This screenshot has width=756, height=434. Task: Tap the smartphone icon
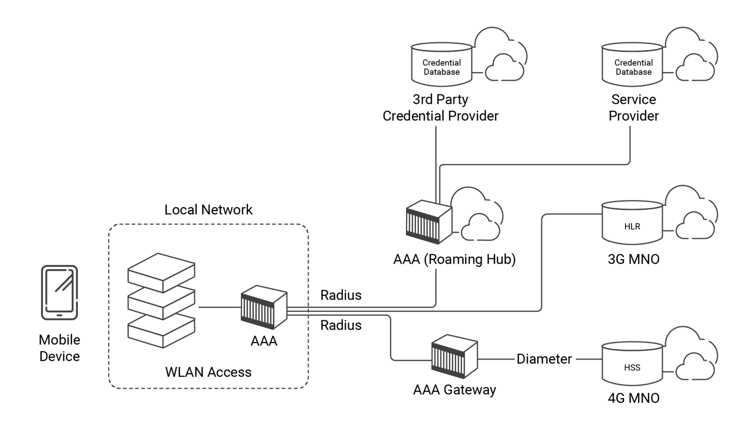pos(60,293)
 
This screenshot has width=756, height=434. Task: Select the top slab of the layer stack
pos(161,270)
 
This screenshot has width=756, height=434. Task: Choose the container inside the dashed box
pos(264,307)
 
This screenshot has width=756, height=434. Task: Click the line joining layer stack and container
pos(219,307)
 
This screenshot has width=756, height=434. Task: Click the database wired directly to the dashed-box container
pos(632,222)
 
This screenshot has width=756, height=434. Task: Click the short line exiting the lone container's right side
pos(496,359)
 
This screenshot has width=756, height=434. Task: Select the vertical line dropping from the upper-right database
pos(630,143)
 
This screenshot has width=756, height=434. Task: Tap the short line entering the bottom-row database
pos(589,359)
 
